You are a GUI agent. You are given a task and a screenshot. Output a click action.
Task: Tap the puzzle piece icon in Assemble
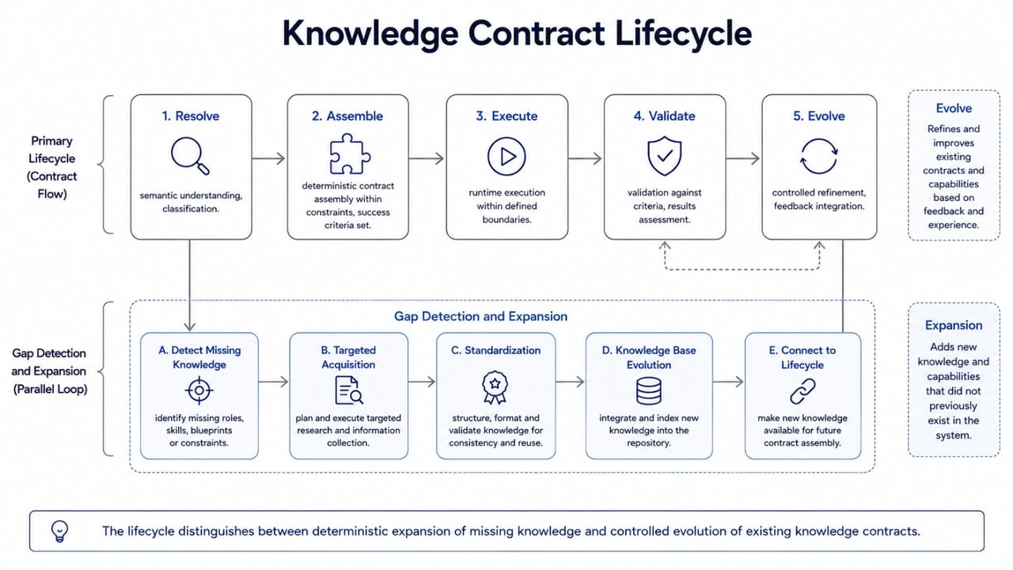[x=350, y=154]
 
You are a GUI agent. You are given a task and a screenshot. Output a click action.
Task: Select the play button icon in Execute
[x=506, y=157]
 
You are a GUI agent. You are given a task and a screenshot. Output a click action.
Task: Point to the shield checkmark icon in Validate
[x=664, y=156]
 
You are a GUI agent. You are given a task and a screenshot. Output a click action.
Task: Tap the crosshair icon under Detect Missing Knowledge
[x=199, y=390]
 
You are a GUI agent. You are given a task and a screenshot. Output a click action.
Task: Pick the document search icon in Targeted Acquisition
[x=349, y=390]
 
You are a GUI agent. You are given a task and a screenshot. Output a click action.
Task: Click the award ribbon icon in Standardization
[x=495, y=387]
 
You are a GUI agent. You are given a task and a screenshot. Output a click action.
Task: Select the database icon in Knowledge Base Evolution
[x=648, y=391]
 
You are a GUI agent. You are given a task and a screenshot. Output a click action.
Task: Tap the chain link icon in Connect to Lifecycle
[x=802, y=391]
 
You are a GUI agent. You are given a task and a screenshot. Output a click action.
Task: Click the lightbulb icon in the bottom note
[x=59, y=531]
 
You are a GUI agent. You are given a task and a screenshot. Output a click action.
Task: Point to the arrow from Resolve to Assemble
[x=268, y=158]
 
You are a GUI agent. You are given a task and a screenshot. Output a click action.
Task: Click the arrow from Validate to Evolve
[x=743, y=158]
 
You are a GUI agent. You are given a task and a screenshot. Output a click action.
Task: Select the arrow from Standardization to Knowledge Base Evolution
[x=571, y=382]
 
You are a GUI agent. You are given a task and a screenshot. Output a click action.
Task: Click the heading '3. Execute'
[x=506, y=116]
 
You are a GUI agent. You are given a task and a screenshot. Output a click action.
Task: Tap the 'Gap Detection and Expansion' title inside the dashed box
[x=480, y=316]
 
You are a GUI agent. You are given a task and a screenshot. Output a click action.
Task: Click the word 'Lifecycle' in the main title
[x=683, y=33]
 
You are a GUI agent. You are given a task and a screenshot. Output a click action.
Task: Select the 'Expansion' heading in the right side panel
[x=954, y=325]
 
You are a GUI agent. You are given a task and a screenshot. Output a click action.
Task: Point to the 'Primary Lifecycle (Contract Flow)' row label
[x=51, y=167]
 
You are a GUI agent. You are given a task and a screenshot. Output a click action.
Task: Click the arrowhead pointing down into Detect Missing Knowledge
[x=189, y=328]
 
